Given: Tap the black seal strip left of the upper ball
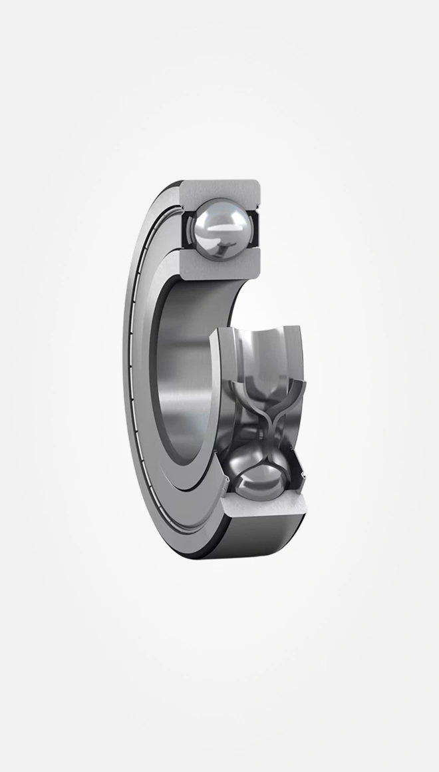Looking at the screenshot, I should tap(186, 230).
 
